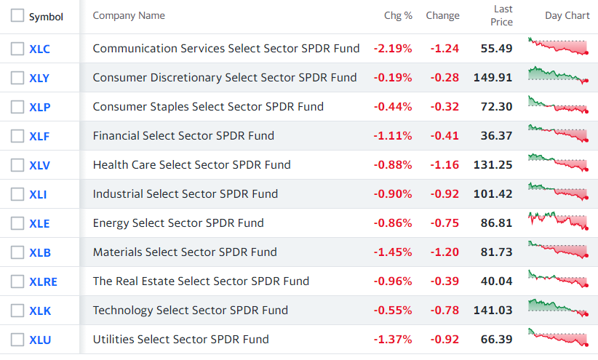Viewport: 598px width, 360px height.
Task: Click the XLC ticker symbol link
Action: (x=40, y=49)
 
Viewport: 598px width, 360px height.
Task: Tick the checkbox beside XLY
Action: (x=17, y=78)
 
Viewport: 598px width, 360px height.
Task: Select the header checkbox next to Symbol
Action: (x=17, y=15)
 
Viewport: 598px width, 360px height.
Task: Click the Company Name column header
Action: (x=129, y=15)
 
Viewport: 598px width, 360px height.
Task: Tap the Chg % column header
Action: (x=398, y=15)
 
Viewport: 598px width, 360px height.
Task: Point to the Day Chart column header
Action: (x=567, y=15)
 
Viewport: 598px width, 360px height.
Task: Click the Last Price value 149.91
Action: (x=493, y=77)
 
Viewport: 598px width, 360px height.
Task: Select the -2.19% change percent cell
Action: (x=393, y=49)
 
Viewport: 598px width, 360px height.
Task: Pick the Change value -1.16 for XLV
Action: (x=444, y=165)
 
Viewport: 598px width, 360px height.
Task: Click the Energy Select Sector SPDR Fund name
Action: (x=178, y=223)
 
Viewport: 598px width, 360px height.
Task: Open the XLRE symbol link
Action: (x=43, y=282)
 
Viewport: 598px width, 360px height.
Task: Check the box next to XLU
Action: (x=17, y=340)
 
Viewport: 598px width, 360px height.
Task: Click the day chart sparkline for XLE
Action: (x=558, y=221)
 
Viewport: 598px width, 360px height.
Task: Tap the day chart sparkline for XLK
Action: (x=558, y=308)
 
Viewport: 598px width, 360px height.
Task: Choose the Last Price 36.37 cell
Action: (x=496, y=136)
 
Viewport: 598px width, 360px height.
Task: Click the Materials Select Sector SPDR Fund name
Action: (x=185, y=252)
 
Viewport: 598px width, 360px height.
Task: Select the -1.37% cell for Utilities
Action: (x=393, y=340)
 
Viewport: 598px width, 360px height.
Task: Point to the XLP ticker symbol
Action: (x=40, y=107)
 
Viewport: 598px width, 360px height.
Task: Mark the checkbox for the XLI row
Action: (x=17, y=194)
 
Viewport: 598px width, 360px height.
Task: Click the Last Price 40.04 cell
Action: (x=496, y=281)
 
